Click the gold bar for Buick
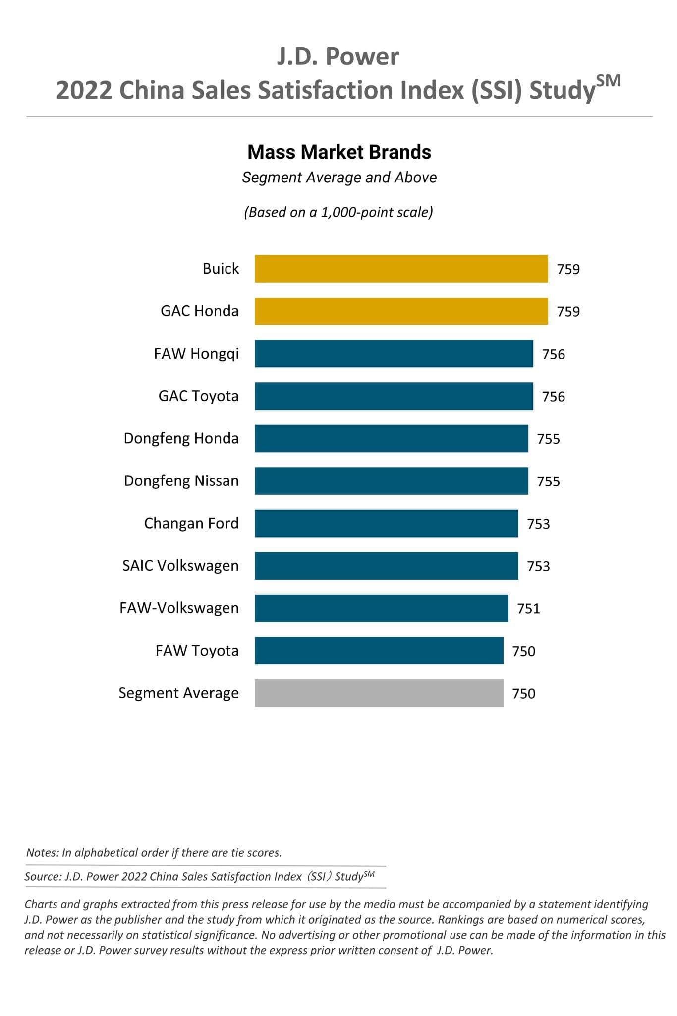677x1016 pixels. click(401, 269)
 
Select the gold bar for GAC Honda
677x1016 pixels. click(401, 311)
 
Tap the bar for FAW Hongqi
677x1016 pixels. click(394, 354)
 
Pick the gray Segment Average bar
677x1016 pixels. click(379, 693)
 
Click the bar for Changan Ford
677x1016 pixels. click(387, 523)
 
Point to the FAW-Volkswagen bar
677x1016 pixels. click(382, 608)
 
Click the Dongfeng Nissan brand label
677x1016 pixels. click(181, 481)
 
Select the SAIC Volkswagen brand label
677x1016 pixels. click(180, 566)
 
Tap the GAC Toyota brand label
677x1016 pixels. click(198, 396)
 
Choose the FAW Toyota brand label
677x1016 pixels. click(197, 651)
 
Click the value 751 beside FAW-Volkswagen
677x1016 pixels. click(528, 608)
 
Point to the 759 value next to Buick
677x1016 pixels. click(568, 269)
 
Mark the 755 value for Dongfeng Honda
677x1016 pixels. click(548, 439)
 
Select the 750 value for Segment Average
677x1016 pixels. click(523, 693)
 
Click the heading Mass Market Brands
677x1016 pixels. click(339, 152)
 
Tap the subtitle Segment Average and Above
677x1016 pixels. click(339, 178)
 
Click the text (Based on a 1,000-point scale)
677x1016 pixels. click(338, 212)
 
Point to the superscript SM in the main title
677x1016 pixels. click(608, 81)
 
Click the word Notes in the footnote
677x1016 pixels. click(42, 853)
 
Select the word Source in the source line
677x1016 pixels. click(43, 877)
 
